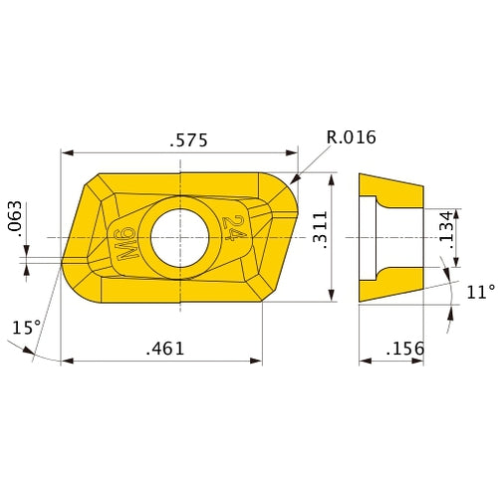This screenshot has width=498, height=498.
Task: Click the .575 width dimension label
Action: [188, 140]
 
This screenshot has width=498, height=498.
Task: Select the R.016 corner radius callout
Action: [351, 137]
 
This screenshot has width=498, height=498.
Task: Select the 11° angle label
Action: [479, 292]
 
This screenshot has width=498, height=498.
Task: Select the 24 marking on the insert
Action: [235, 230]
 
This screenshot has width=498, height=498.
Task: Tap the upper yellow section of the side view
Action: [393, 190]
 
